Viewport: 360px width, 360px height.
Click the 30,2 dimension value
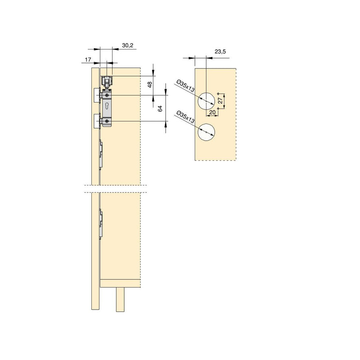[127, 45]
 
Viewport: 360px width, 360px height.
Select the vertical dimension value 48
[150, 84]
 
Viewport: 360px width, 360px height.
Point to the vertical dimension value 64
[160, 108]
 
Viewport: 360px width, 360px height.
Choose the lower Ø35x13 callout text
[184, 118]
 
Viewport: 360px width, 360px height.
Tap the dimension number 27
[220, 101]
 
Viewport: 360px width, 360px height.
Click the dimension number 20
[212, 113]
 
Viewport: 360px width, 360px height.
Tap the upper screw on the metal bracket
[107, 96]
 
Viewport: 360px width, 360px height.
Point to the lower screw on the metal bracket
[107, 121]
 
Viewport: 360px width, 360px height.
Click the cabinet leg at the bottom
[120, 299]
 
